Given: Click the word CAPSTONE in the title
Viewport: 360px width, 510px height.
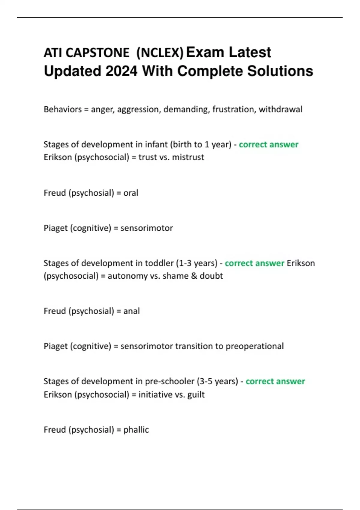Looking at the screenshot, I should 97,53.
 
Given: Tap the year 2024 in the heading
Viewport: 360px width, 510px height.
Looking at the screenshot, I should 121,71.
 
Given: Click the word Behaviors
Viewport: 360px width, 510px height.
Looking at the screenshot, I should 62,109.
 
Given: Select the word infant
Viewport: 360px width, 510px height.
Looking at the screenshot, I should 156,144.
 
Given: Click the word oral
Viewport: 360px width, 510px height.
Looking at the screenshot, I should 131,193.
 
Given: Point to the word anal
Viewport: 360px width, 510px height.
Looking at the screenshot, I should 131,311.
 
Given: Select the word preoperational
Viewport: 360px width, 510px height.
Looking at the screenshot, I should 254,346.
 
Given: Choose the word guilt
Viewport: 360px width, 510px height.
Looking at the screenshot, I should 196,394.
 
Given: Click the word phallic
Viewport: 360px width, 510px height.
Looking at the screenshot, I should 136,430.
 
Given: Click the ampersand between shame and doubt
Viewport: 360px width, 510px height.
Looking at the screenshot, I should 194,276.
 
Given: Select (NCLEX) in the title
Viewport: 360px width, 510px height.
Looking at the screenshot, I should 160,53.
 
